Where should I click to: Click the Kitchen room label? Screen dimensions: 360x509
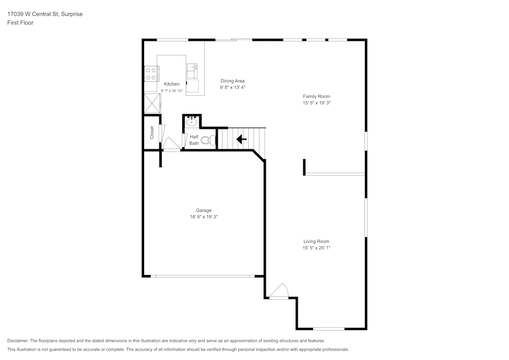click(x=172, y=84)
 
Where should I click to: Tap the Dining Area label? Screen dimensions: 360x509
click(x=233, y=81)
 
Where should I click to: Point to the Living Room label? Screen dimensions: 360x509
click(x=317, y=241)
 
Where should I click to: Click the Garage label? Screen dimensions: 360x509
click(x=204, y=210)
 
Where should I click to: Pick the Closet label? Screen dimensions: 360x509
click(x=152, y=133)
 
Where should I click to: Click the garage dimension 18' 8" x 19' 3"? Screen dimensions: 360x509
click(x=204, y=217)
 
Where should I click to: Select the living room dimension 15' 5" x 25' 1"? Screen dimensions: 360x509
click(x=317, y=248)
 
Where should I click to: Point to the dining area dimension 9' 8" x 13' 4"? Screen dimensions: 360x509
click(x=233, y=88)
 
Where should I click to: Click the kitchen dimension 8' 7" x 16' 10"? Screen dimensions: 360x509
click(x=172, y=91)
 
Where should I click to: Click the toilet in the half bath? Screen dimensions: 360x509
click(x=207, y=140)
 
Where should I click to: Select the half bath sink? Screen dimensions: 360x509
click(x=191, y=122)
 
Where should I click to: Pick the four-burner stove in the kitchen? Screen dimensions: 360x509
click(x=151, y=74)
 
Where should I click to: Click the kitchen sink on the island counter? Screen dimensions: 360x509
click(x=192, y=70)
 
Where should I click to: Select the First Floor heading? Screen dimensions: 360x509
click(x=20, y=23)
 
